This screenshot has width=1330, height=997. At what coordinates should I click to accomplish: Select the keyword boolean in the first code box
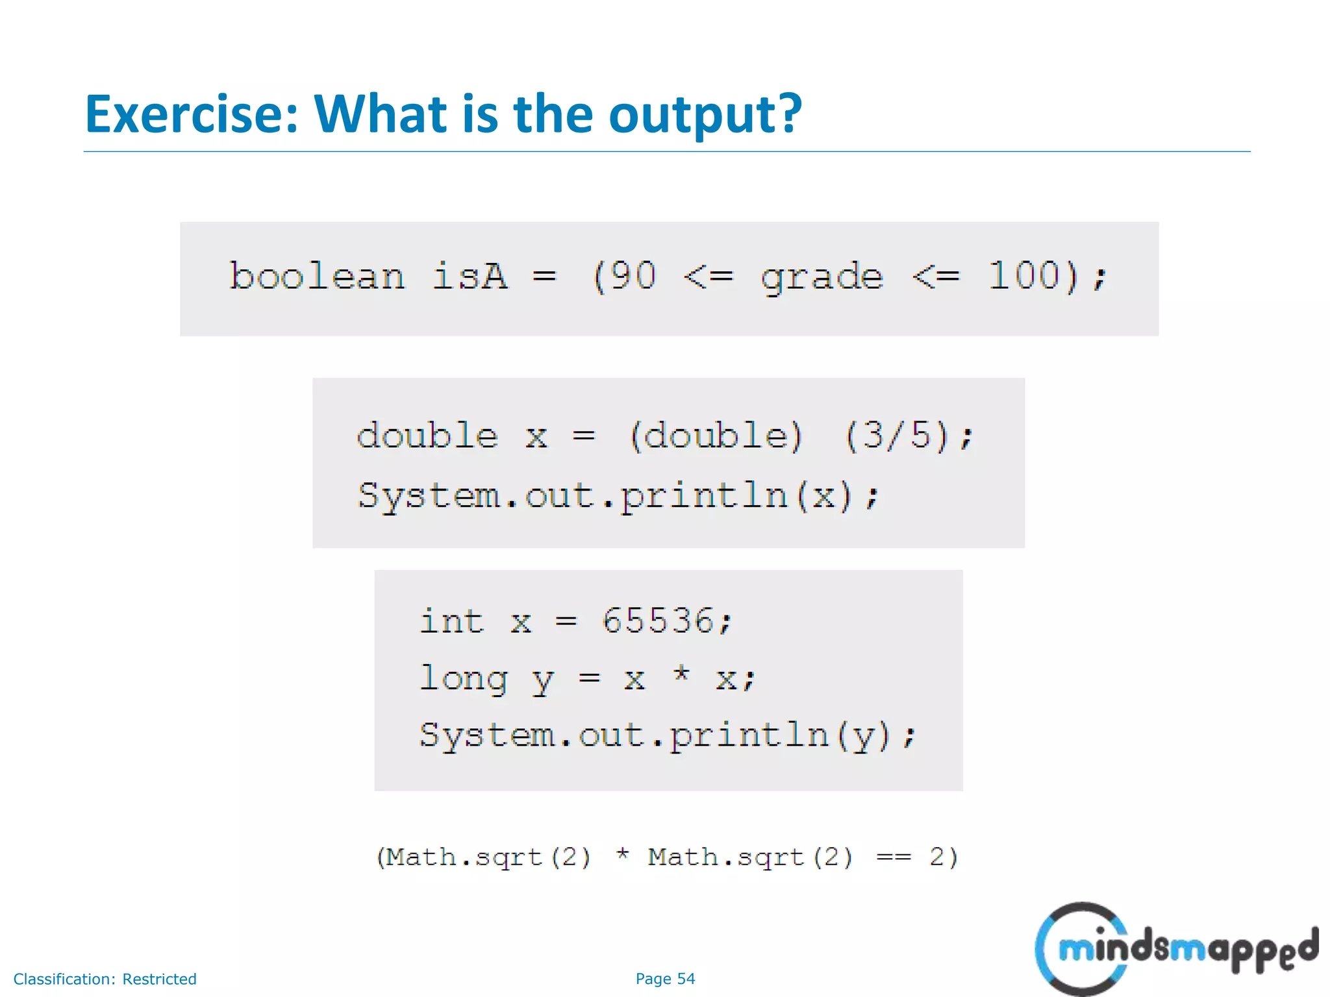pyautogui.click(x=317, y=277)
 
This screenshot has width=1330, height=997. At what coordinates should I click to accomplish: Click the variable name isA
pyautogui.click(x=470, y=277)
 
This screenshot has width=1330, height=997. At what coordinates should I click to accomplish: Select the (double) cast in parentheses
pyautogui.click(x=716, y=436)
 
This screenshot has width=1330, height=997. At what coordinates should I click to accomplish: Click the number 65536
pyautogui.click(x=658, y=621)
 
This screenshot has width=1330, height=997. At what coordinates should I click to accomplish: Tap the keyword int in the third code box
pyautogui.click(x=451, y=621)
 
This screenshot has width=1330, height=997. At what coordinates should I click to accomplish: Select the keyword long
pyautogui.click(x=463, y=680)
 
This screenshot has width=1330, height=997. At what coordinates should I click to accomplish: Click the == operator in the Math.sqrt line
pyautogui.click(x=894, y=857)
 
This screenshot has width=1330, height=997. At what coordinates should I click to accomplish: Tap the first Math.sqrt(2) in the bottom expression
pyautogui.click(x=484, y=857)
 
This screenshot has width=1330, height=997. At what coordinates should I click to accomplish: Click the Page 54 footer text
pyautogui.click(x=665, y=979)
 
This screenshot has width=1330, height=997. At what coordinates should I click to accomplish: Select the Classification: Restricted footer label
pyautogui.click(x=105, y=979)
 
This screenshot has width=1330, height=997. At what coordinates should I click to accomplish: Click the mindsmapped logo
pyautogui.click(x=1175, y=949)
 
